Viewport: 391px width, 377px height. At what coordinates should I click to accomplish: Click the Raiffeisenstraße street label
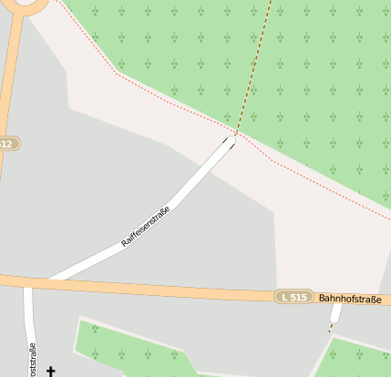tap(146, 227)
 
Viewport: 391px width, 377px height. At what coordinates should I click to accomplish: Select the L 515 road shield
tap(293, 297)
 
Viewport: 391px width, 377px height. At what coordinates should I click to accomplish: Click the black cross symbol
tap(51, 371)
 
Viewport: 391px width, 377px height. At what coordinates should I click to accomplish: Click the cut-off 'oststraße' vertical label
tap(33, 361)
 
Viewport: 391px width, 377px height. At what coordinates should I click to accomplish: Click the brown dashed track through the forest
tap(255, 64)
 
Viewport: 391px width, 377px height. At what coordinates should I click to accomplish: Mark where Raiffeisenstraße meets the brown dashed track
tap(235, 136)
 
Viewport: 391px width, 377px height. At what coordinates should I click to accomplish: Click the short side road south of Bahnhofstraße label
tap(334, 316)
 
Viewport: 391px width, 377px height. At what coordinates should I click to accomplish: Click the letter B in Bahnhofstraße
tap(323, 298)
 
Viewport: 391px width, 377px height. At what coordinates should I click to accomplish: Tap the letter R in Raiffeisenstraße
tap(125, 244)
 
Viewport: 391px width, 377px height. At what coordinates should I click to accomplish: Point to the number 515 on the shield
tap(298, 297)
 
